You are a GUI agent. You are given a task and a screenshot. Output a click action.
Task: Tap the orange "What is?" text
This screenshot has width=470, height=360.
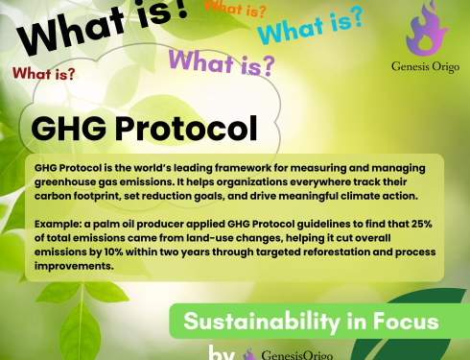236,11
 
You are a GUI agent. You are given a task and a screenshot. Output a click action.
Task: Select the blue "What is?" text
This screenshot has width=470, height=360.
309,28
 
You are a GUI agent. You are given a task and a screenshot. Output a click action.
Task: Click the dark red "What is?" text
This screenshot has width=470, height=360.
43,73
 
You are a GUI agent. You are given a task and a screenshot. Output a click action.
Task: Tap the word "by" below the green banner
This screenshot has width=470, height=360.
222,351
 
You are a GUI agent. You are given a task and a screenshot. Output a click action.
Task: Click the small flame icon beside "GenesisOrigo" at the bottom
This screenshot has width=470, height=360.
251,353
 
